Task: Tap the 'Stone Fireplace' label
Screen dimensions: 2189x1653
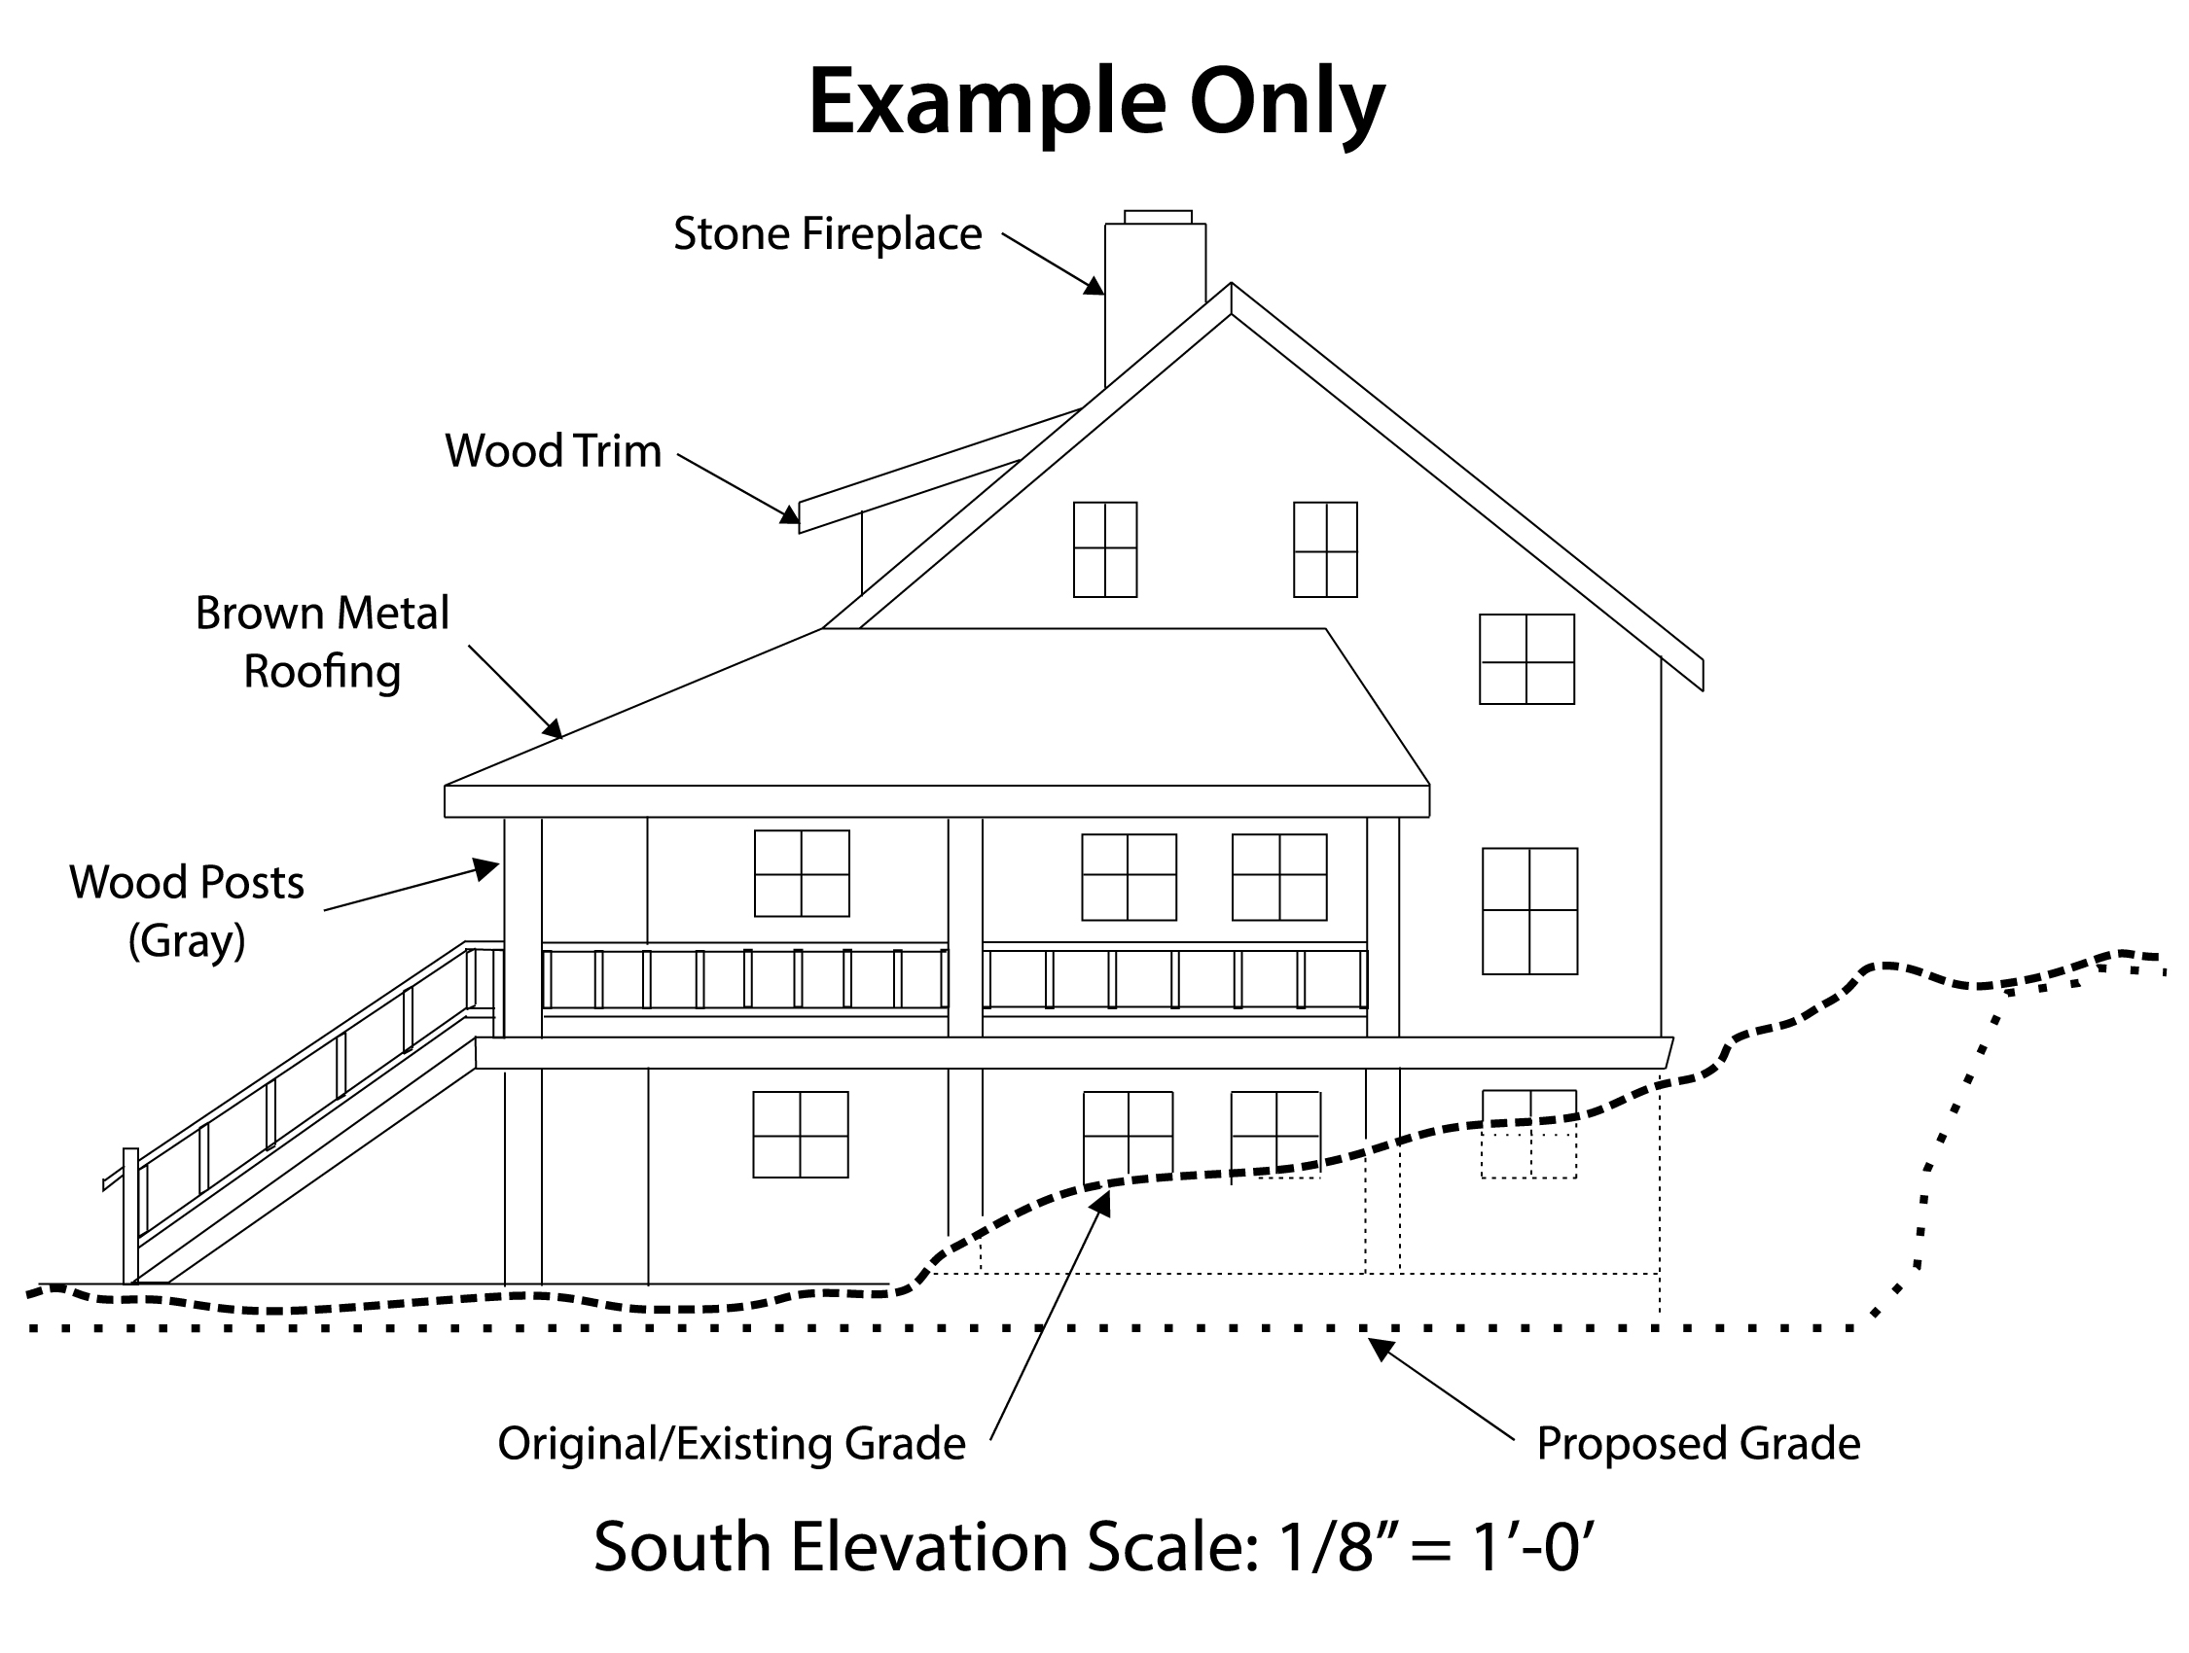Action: (827, 234)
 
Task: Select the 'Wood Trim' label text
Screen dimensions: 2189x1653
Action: (554, 451)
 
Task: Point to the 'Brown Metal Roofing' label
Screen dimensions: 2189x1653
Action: (323, 642)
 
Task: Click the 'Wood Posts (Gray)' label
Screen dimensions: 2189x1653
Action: (187, 911)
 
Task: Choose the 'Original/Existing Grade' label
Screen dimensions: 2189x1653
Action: (732, 1444)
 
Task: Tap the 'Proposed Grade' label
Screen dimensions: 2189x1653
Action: (1698, 1444)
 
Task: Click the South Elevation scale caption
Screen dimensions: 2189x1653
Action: (1094, 1546)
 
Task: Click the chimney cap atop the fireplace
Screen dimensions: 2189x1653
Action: (1158, 217)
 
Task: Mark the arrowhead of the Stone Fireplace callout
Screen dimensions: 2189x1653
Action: (1094, 286)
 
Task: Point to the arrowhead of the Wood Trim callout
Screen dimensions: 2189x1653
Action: (790, 513)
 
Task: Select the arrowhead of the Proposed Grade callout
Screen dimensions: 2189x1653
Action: (1380, 1349)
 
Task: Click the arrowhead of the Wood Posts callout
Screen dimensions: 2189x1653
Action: (485, 868)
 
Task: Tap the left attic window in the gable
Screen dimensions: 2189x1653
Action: (1105, 549)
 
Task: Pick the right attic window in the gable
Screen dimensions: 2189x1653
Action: (1325, 549)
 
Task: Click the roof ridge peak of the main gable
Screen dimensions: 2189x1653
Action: (1231, 285)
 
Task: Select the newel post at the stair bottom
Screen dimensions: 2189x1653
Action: (130, 1215)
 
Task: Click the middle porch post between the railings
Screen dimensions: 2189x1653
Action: (965, 927)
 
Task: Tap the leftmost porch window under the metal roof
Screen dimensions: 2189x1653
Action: (802, 872)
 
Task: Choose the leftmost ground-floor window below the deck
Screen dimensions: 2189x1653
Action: (801, 1134)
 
